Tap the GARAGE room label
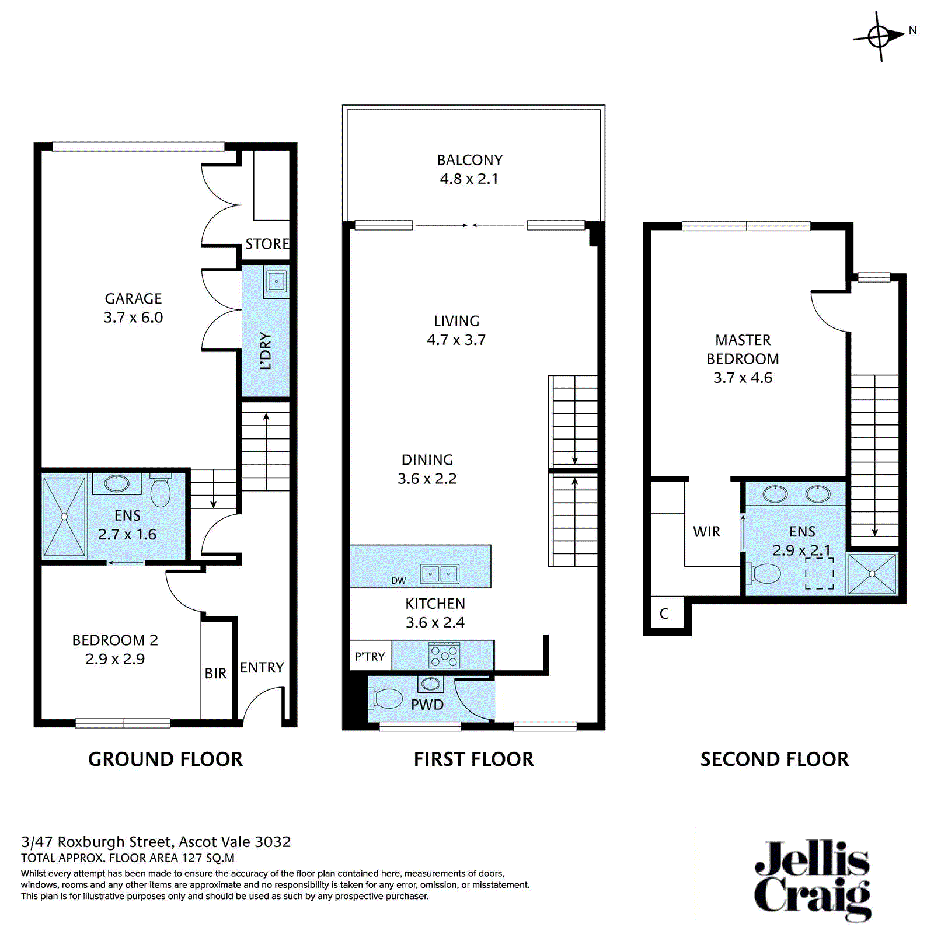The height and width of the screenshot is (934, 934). tap(133, 298)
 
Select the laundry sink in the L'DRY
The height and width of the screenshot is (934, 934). tap(276, 281)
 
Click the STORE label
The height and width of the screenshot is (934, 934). tap(267, 243)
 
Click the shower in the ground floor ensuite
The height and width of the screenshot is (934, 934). tap(64, 517)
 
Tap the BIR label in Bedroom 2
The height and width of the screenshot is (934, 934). tap(215, 673)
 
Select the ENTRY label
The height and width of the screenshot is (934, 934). tap(262, 667)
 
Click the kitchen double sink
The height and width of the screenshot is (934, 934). tap(440, 574)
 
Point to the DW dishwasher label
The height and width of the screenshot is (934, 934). tap(399, 580)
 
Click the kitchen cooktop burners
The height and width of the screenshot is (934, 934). tap(444, 656)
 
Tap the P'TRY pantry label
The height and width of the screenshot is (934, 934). tap(370, 657)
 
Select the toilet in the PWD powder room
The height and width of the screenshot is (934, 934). tap(386, 698)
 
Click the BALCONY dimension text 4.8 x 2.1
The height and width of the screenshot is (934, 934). tap(469, 179)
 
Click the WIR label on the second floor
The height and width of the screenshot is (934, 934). tap(706, 531)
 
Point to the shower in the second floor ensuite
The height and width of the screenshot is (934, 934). tap(872, 574)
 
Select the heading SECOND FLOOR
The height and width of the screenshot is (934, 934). tap(775, 759)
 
